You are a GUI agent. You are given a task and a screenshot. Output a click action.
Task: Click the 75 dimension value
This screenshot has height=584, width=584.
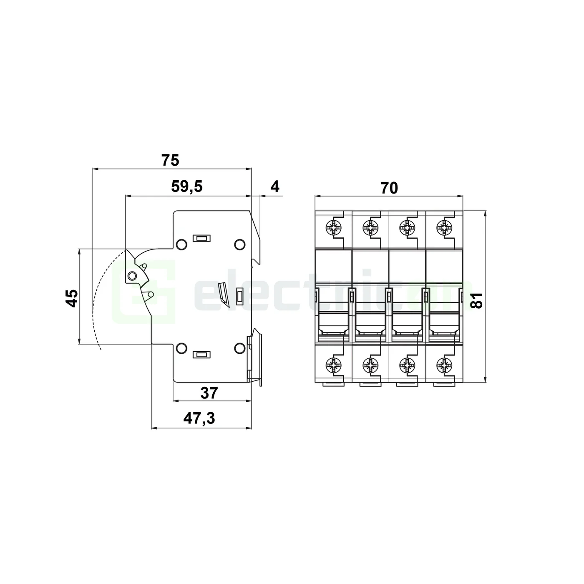pos(170,160)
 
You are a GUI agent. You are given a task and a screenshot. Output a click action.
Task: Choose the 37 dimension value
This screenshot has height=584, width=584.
pos(209,393)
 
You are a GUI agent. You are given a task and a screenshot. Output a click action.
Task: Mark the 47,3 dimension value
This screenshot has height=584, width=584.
pos(199,418)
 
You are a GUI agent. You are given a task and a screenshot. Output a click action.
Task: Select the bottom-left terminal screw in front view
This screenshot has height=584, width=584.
pos(333,365)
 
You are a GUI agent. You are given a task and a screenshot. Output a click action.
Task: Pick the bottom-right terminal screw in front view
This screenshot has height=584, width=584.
pos(444,365)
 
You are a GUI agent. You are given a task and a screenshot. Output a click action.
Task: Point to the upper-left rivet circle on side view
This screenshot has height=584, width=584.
pos(181,244)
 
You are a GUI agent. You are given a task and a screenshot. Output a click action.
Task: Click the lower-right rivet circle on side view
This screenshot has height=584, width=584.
pos(239,348)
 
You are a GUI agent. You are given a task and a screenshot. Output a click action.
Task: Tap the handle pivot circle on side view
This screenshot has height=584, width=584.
pos(132,276)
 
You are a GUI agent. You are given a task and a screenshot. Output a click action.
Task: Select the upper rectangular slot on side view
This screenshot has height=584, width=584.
pos(201,238)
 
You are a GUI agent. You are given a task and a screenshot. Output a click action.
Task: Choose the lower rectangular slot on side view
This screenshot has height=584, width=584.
pos(201,355)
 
